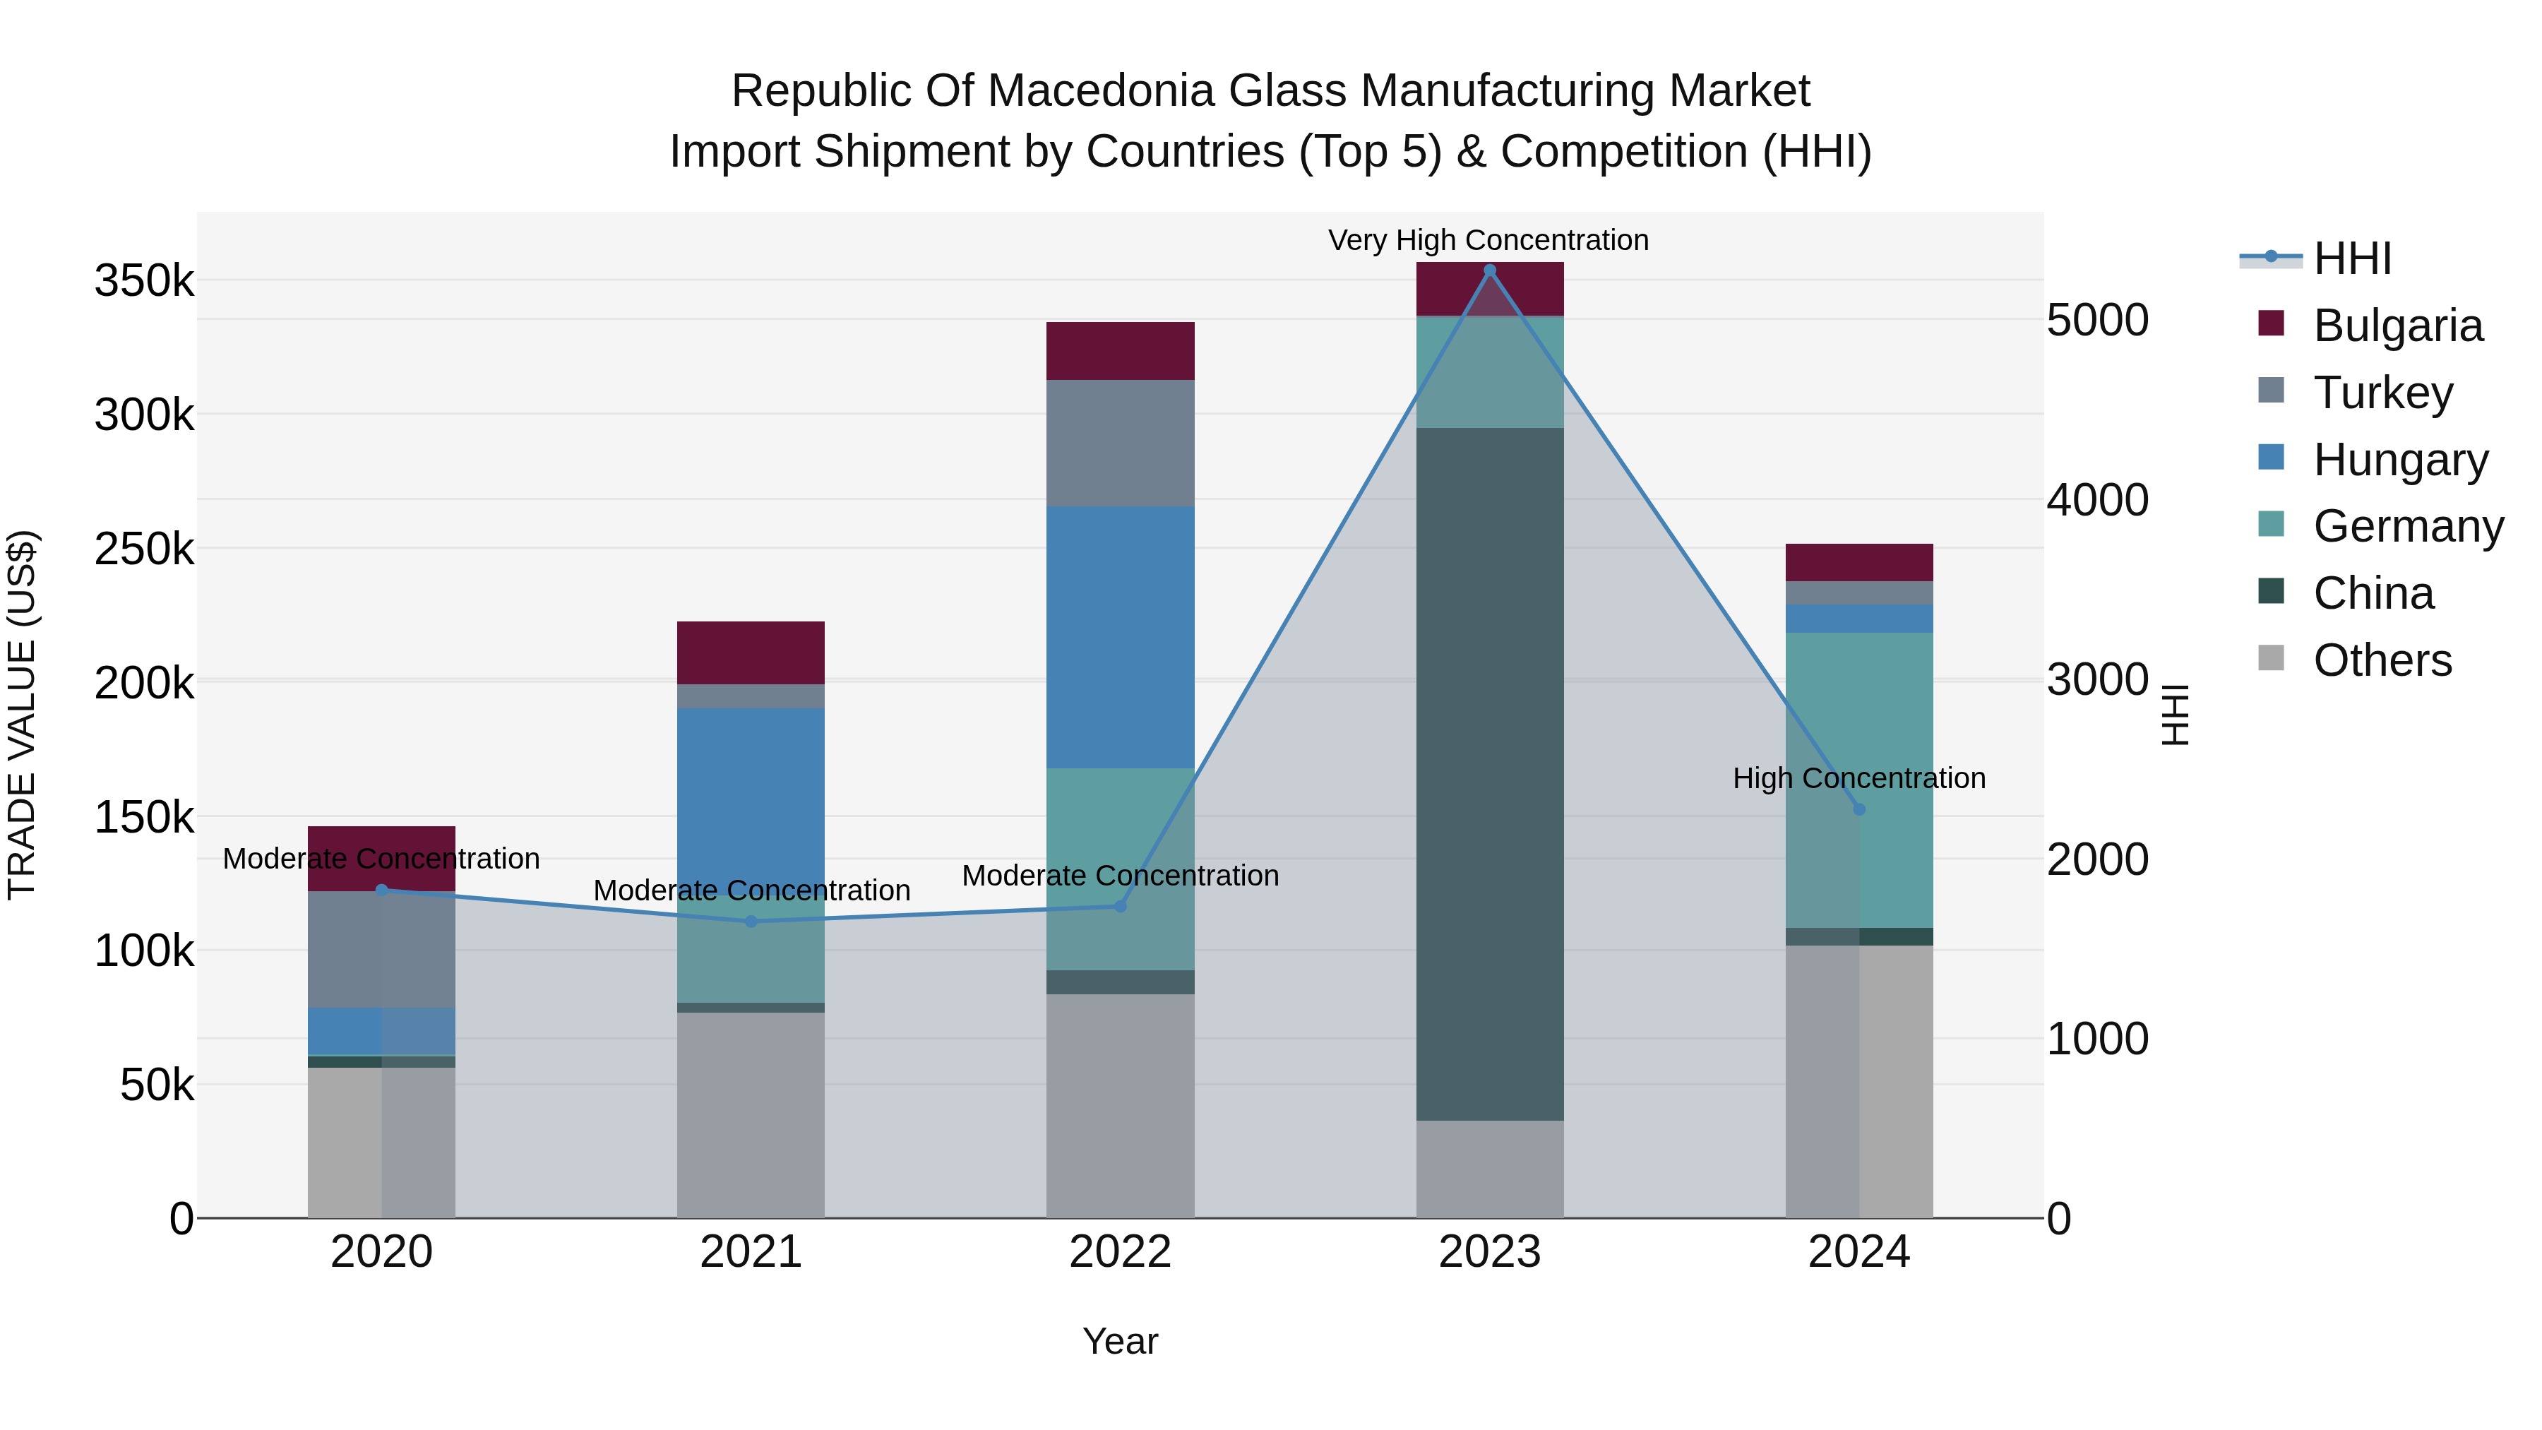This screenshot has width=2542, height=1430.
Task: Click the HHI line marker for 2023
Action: tap(1489, 270)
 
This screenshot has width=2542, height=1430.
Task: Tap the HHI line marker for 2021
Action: tap(751, 922)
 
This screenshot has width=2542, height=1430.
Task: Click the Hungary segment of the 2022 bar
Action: tap(1120, 636)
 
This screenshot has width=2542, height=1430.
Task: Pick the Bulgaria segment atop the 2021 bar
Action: tap(751, 653)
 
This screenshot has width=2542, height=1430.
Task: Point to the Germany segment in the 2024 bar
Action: tap(1859, 780)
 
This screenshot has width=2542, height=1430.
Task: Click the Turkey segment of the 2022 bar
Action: tap(1120, 443)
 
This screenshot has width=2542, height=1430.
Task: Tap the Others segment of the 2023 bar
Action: tap(1489, 1169)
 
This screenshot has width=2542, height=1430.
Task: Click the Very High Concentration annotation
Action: tap(1488, 240)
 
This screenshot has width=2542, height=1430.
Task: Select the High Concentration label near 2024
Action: tap(1859, 777)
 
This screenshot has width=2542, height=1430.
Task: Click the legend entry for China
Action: tap(2373, 593)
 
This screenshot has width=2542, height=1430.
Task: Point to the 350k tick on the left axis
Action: tap(144, 281)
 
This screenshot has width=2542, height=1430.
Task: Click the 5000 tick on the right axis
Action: tap(2097, 320)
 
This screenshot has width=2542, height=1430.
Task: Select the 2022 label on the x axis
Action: tap(1120, 1252)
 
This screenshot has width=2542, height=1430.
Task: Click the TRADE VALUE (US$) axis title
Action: tap(23, 715)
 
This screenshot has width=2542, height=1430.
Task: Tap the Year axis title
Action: tap(1120, 1341)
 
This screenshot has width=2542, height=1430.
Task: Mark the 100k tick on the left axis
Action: tap(144, 951)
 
